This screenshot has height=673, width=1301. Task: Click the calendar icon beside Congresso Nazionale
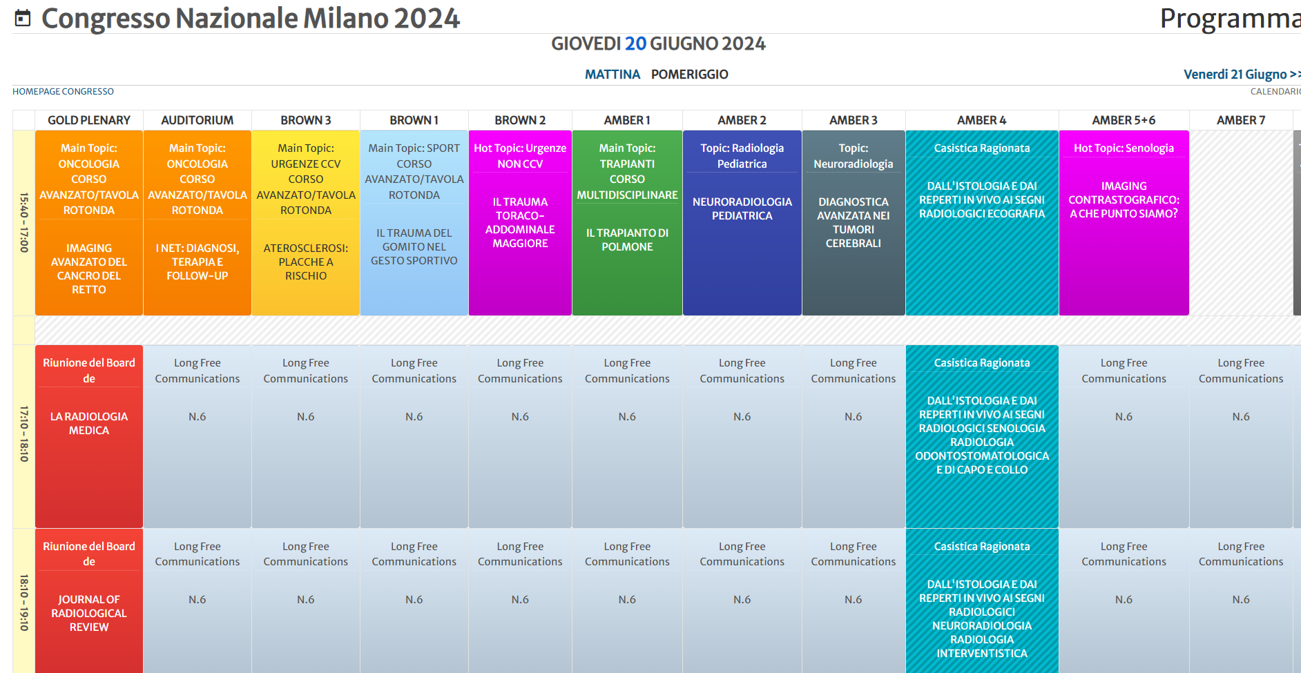pyautogui.click(x=23, y=19)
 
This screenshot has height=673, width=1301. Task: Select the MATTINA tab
pyautogui.click(x=612, y=75)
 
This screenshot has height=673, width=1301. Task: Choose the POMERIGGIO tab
pyautogui.click(x=689, y=75)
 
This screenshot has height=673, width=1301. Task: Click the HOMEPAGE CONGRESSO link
pyautogui.click(x=63, y=92)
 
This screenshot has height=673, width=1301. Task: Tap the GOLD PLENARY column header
pyautogui.click(x=88, y=120)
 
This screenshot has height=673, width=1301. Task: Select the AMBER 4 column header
pyautogui.click(x=981, y=120)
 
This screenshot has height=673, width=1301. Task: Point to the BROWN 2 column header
pyautogui.click(x=519, y=120)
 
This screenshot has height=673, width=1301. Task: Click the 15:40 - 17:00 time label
pyautogui.click(x=24, y=222)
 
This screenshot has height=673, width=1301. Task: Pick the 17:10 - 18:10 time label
pyautogui.click(x=24, y=434)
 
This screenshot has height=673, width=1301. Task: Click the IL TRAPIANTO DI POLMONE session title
pyautogui.click(x=627, y=240)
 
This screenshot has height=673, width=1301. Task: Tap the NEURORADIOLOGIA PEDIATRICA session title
pyautogui.click(x=742, y=208)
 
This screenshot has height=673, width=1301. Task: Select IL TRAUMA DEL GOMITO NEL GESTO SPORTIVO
pyautogui.click(x=414, y=247)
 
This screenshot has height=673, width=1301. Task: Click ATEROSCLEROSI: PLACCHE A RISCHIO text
pyautogui.click(x=305, y=262)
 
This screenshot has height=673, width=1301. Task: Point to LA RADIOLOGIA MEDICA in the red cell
pyautogui.click(x=89, y=423)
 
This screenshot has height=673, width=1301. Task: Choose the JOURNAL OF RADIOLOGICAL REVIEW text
pyautogui.click(x=89, y=613)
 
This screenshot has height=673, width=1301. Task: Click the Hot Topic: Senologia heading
pyautogui.click(x=1124, y=148)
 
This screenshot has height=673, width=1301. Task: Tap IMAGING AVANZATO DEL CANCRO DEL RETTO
pyautogui.click(x=89, y=269)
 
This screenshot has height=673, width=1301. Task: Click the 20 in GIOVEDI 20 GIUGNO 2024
pyautogui.click(x=635, y=44)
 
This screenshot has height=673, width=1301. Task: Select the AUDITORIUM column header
pyautogui.click(x=197, y=120)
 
